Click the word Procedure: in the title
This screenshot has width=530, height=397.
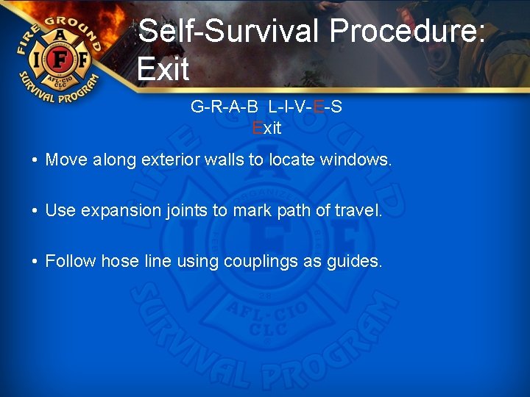coord(407,32)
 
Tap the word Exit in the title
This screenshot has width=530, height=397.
coord(163,69)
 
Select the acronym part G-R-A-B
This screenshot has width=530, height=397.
coord(224,107)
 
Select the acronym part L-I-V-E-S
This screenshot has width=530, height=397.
coord(305,107)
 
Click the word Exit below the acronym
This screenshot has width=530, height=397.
coord(266,128)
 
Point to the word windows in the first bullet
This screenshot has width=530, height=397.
coord(356,160)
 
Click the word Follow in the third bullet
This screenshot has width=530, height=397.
coord(71,261)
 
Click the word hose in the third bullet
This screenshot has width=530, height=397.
coord(116,261)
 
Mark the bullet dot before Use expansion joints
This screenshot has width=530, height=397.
coord(35,211)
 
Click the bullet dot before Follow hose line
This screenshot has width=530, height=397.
coord(35,262)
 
